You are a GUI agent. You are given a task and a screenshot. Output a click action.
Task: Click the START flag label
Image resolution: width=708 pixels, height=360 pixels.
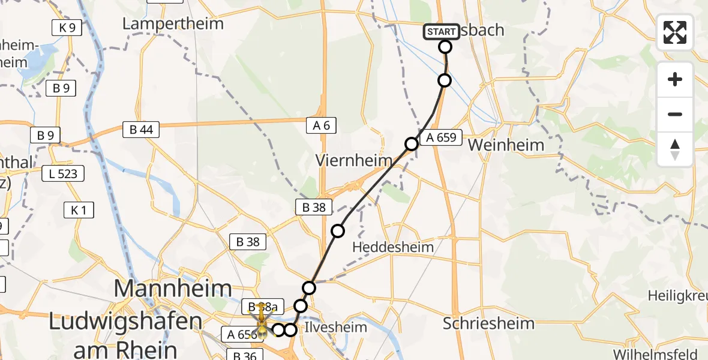[x=442, y=31]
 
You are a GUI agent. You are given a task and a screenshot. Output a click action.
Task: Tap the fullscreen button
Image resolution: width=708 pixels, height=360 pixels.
[x=675, y=32]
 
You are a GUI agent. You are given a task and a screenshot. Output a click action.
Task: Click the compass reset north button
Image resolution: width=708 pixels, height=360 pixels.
[x=675, y=149]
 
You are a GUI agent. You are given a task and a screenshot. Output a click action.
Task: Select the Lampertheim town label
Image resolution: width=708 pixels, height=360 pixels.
[x=173, y=24]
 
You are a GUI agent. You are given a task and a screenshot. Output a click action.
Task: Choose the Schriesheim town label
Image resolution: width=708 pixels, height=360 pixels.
[x=488, y=324]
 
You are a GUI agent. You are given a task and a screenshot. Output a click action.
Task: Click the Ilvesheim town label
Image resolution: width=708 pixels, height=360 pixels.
[x=334, y=328]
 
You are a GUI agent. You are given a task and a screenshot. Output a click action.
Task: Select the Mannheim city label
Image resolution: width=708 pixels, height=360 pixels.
[x=173, y=290]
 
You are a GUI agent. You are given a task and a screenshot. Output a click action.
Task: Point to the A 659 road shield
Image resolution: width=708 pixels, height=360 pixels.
[x=441, y=138]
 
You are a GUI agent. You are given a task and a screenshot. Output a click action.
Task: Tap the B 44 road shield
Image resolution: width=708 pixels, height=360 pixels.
[x=141, y=129]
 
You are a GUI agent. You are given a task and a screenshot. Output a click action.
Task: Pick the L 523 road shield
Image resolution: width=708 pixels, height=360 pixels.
[x=63, y=175]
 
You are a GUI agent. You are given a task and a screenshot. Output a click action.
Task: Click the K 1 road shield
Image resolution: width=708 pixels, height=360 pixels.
[x=79, y=210]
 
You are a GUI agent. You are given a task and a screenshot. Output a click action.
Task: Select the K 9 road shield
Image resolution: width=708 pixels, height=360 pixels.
[x=67, y=28]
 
